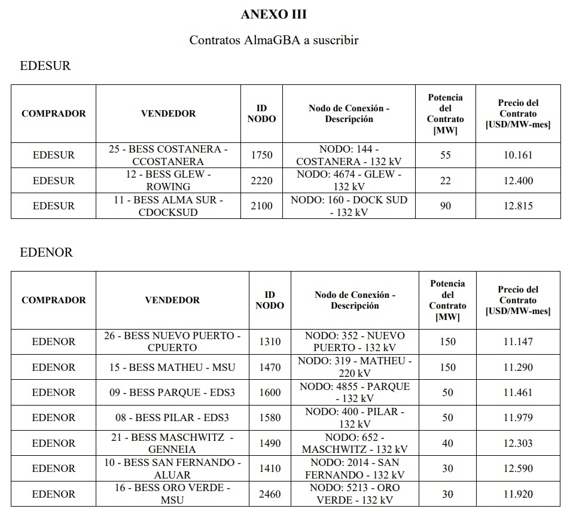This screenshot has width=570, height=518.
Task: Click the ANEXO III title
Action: pos(273,14)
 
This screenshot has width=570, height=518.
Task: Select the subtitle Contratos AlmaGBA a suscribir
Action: pos(273,40)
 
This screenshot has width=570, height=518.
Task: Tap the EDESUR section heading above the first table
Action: pos(45,66)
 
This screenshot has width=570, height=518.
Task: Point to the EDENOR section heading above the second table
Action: pos(47,252)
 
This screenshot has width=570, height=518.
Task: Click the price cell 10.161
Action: pos(518,155)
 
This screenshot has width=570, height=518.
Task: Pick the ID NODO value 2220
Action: pos(261,181)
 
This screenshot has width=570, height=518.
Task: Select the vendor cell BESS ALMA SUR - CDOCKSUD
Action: pos(168,206)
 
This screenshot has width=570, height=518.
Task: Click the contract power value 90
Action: pos(445,206)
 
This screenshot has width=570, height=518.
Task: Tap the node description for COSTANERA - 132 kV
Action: pos(349,155)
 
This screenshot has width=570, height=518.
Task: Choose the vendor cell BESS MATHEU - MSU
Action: pos(172,367)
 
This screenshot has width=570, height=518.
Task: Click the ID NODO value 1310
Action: pos(270,342)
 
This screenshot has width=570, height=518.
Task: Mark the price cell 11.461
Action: pos(518,392)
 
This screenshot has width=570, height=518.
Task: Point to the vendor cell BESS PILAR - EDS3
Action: pos(172,418)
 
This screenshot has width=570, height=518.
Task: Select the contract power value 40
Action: pos(447,443)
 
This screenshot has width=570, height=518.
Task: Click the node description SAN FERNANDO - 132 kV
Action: pos(355,468)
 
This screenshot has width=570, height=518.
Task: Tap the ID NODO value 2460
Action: pos(270,494)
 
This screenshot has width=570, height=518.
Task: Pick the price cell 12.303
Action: pos(518,443)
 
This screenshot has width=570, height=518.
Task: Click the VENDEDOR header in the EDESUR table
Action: pos(168,114)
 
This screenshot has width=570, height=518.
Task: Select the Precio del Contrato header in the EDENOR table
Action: pos(518,300)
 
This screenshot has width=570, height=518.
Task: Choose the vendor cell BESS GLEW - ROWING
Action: pos(168,181)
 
